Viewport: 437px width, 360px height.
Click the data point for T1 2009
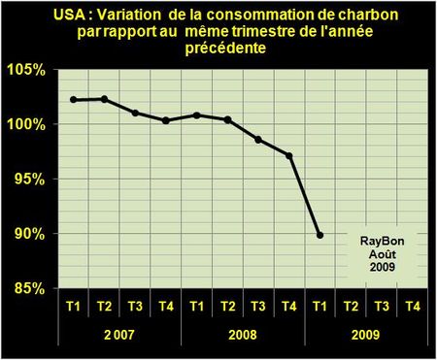tap(320, 235)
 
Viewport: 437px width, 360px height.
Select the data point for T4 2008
tap(289, 155)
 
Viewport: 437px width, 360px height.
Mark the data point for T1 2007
tap(74, 100)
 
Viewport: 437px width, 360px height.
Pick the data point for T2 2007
tap(104, 99)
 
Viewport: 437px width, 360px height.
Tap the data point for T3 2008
tap(258, 139)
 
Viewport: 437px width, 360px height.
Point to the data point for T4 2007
tap(166, 120)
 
